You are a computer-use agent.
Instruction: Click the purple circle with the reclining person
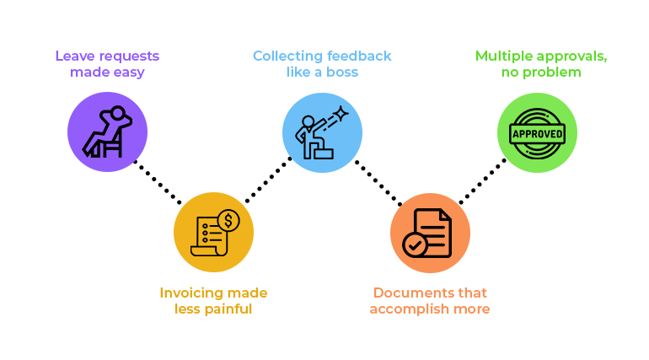(x=107, y=132)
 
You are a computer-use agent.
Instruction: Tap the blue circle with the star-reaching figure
(x=322, y=132)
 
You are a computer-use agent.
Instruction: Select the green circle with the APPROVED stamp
(x=537, y=132)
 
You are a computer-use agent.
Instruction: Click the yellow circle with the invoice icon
(x=213, y=233)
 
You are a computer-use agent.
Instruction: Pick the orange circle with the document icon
(x=430, y=233)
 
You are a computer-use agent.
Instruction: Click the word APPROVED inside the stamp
(x=537, y=133)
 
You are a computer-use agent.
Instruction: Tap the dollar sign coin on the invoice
(x=228, y=221)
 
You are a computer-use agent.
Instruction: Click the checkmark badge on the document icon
(x=415, y=245)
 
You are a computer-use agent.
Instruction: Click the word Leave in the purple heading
(x=72, y=56)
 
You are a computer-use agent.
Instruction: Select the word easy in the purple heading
(x=128, y=73)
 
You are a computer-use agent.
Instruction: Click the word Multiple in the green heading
(x=504, y=56)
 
